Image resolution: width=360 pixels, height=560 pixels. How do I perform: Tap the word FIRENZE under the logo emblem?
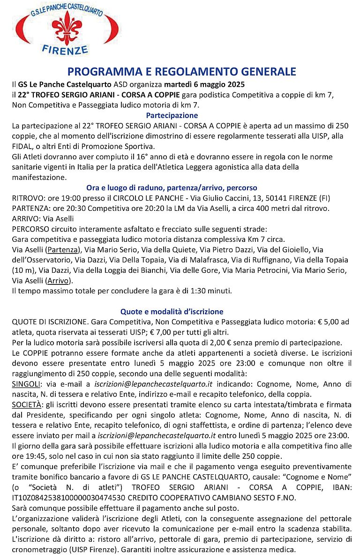[72, 49]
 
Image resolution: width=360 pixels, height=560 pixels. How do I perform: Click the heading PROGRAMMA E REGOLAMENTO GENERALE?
[182, 72]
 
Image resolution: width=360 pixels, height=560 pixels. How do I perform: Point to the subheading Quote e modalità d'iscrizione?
[172, 311]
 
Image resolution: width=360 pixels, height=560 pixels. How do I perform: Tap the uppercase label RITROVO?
[27, 198]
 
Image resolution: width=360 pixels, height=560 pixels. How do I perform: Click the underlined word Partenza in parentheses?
[63, 249]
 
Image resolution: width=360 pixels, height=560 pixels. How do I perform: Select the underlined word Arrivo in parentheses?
[59, 281]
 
